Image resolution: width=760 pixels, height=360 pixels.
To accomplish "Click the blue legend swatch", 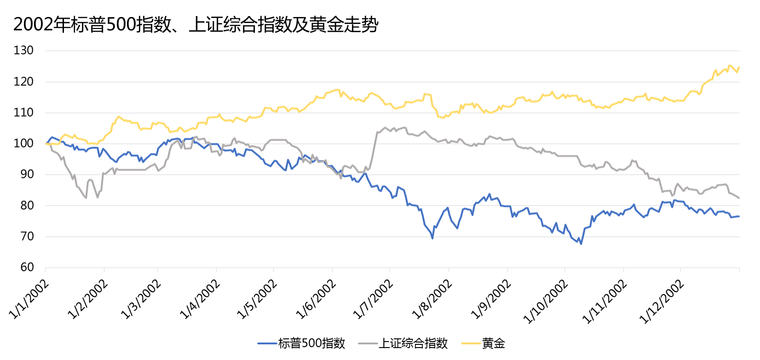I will point(267,343).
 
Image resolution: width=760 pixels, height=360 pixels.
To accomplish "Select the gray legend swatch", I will point(368,343).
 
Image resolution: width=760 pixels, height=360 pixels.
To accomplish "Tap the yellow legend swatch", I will point(471,343).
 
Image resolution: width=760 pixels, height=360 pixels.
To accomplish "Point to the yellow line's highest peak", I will point(730,65).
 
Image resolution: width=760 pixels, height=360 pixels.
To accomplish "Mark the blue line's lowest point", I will point(581,244).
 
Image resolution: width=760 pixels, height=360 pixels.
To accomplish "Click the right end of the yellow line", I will point(739,68).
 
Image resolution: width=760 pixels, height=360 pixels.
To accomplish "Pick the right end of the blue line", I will point(739,216).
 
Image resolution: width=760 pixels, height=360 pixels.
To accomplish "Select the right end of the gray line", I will point(739,198).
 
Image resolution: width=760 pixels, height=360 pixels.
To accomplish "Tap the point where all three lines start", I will point(46,144).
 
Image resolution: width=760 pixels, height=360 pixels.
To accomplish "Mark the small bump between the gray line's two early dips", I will point(90,179).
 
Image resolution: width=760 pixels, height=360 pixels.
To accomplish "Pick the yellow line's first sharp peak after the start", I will point(119,116).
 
